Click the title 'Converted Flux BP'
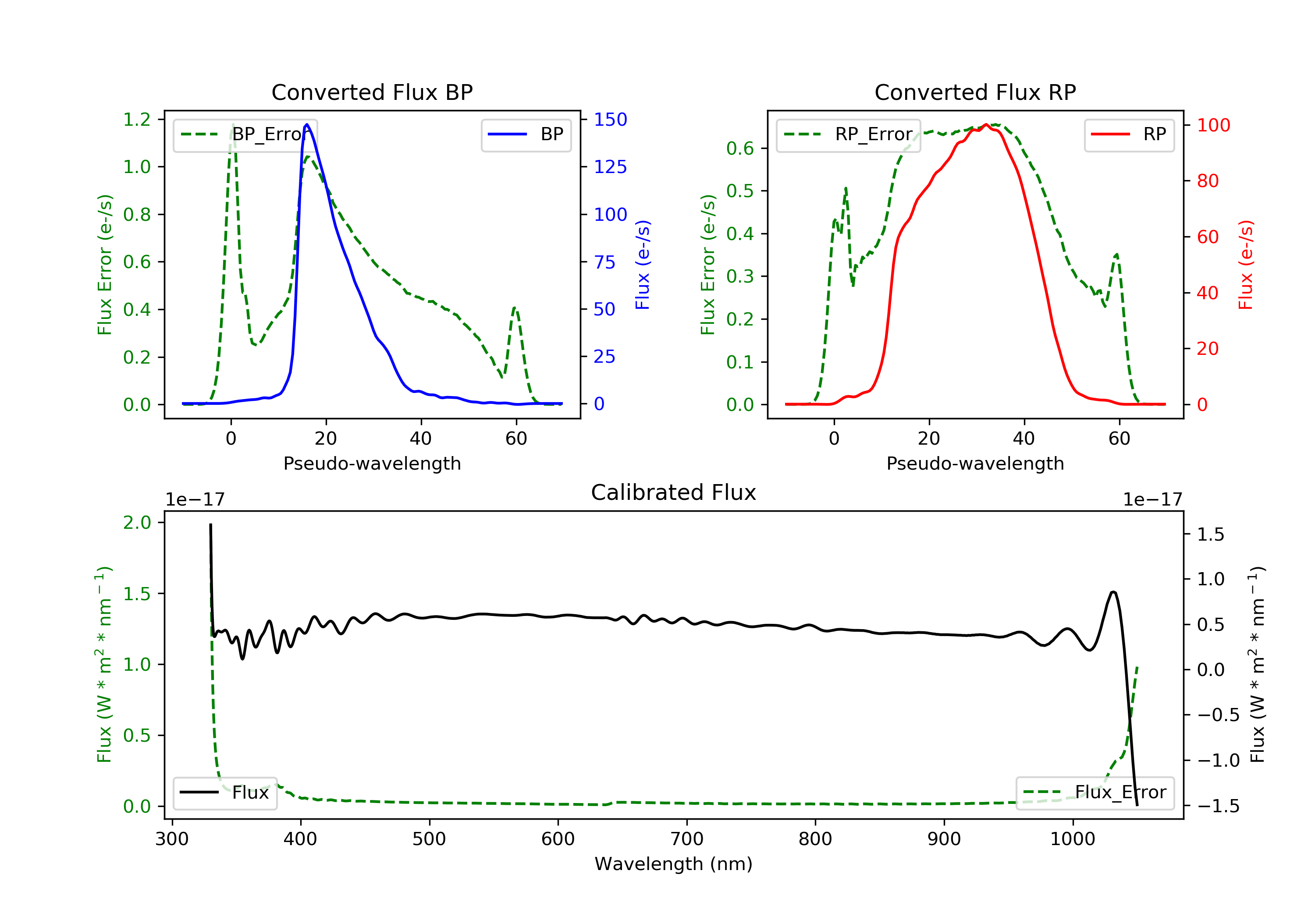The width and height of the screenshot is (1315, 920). coord(372,92)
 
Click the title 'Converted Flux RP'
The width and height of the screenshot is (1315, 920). coord(975,92)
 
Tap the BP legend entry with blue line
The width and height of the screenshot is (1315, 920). coord(526,134)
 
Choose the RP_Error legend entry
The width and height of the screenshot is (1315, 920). coord(848,135)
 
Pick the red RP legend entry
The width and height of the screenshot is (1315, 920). coord(1129,134)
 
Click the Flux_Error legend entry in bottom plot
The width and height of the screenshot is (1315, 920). coord(1095,793)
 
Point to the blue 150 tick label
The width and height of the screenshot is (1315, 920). coord(610,120)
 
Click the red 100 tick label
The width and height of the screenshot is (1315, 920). coord(1214,125)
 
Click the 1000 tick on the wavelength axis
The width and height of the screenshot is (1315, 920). coord(1072,839)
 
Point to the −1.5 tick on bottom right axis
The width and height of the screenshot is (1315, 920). coord(1218,806)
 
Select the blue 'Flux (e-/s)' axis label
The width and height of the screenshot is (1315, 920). coord(643,265)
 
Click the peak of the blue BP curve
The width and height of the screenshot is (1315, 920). coord(307,124)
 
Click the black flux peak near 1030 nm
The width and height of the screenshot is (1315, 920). coord(1113,592)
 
